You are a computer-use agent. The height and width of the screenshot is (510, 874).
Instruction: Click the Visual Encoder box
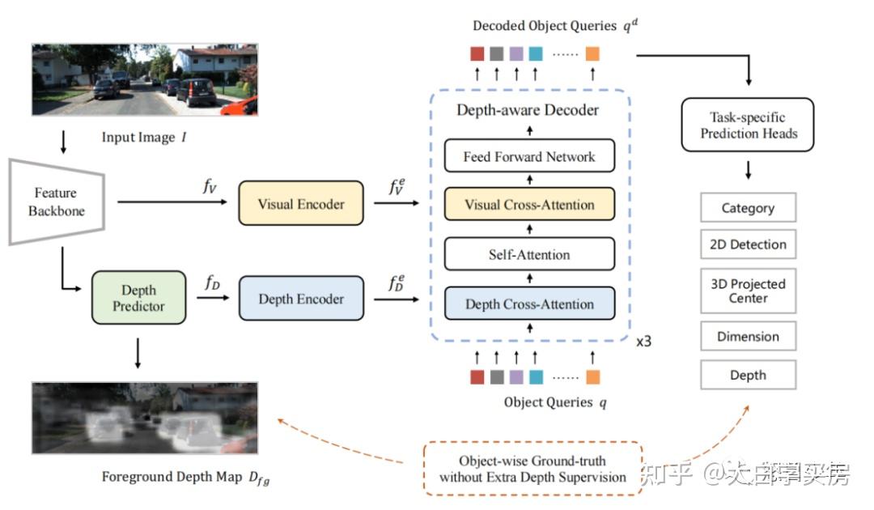(300, 203)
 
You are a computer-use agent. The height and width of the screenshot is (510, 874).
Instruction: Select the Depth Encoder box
(300, 299)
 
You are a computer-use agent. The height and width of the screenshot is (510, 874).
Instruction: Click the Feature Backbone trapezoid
(55, 202)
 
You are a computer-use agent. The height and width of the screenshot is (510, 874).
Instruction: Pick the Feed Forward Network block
(529, 156)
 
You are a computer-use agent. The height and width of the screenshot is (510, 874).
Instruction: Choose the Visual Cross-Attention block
(529, 205)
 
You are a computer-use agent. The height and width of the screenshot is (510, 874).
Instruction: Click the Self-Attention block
(529, 255)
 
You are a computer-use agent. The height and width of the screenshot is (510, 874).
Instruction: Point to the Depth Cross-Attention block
(529, 304)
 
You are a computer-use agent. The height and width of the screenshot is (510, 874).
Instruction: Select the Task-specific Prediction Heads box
(749, 125)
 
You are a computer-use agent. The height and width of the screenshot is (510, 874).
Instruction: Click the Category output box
(748, 208)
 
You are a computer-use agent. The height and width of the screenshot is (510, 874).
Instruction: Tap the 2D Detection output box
(748, 244)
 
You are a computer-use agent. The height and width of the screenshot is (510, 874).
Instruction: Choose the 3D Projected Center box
(748, 291)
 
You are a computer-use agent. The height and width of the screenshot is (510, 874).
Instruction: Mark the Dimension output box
(748, 337)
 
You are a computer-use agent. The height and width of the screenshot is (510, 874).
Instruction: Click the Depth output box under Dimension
(748, 375)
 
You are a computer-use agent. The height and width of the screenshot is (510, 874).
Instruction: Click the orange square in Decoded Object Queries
(592, 54)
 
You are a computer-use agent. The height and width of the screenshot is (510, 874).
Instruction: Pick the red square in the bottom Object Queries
(477, 377)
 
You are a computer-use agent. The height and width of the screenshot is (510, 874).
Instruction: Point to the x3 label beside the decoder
(643, 342)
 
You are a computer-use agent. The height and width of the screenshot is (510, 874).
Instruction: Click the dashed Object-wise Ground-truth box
(532, 469)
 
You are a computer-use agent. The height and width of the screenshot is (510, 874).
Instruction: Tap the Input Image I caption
(143, 138)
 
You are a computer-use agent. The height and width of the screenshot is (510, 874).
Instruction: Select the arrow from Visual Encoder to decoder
(397, 204)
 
